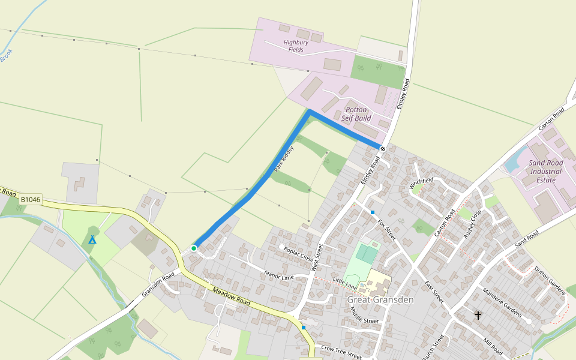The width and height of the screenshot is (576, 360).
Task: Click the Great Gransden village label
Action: pos(380,299)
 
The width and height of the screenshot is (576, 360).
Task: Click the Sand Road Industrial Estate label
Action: pos(546,171)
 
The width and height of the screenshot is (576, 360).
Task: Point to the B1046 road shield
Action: pos(30,199)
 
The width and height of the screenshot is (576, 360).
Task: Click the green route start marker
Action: pos(194,248)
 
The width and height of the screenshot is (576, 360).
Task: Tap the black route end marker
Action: pos(382,148)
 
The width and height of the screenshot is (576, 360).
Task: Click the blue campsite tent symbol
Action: pos(92,240)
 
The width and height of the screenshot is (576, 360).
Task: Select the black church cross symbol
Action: pos(478,315)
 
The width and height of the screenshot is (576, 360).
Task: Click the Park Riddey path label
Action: pos(284,159)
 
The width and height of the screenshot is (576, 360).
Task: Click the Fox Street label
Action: pos(388,229)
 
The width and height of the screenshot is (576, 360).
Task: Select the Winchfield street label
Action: pos(421,183)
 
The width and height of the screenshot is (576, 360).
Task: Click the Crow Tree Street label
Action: pos(341,352)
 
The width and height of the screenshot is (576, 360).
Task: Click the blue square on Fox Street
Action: pos(373,212)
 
